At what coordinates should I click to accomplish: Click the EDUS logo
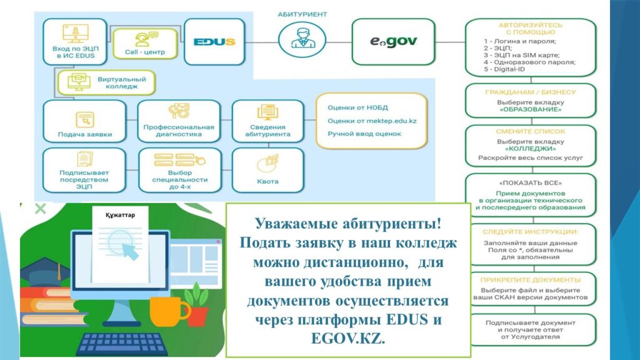pos(214,42)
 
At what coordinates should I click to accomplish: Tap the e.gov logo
pos(394,41)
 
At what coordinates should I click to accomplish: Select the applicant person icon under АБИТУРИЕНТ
pos(302,39)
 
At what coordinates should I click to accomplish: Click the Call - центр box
pos(145,44)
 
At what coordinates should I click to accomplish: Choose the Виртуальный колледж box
pos(106,82)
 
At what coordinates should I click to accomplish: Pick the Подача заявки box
pos(84,121)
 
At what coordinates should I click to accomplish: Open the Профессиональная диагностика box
pos(179,121)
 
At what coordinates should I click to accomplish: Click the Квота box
pos(267,170)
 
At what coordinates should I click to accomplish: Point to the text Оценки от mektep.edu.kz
pos(372,121)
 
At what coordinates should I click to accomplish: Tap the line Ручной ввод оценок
pos(364,134)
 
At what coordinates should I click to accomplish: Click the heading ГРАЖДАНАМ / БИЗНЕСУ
pos(530,92)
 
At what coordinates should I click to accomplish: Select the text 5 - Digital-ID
pos(504,69)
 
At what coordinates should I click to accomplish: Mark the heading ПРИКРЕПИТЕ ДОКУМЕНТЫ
pos(530,280)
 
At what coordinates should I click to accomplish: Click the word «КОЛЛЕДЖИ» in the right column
pos(530,149)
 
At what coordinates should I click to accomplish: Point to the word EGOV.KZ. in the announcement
pos(347,338)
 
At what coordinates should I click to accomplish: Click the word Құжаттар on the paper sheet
pos(120,215)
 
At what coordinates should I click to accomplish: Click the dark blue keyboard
pos(122,344)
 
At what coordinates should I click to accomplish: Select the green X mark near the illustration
pos(41,209)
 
